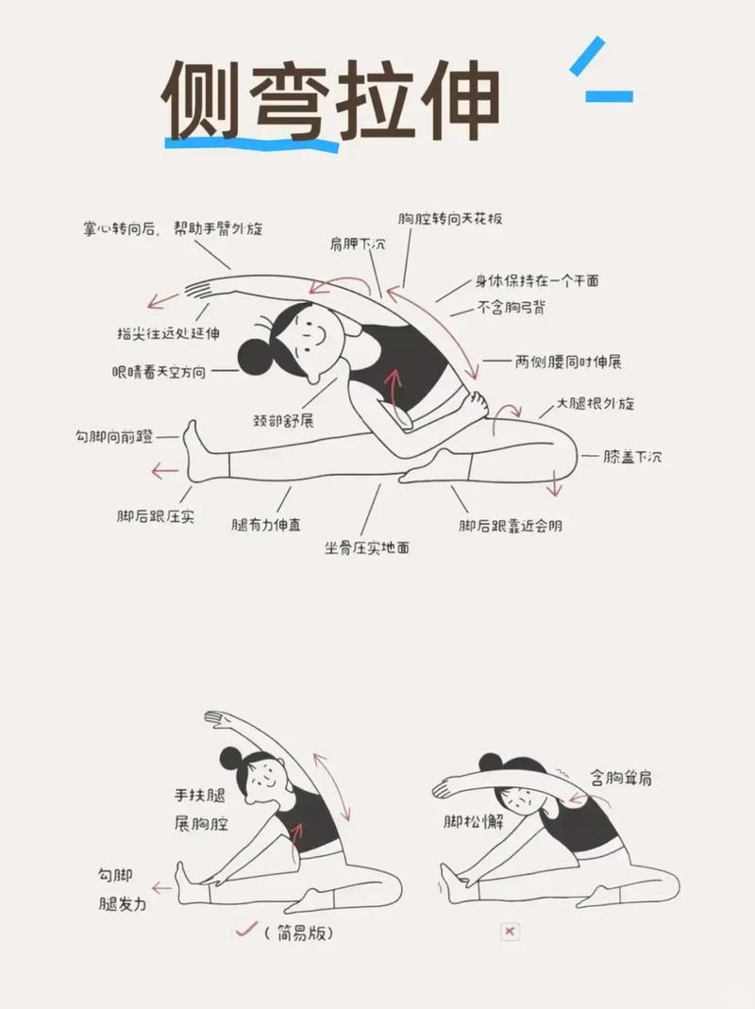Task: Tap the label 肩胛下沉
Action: point(358,244)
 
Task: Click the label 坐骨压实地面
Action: point(367,547)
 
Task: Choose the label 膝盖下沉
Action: point(632,456)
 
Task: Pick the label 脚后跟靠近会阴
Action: point(511,526)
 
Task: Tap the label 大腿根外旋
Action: point(595,404)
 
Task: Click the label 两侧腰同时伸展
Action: point(567,362)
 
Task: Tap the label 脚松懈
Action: point(474,822)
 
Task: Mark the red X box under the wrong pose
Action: point(511,932)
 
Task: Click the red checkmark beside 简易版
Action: point(245,930)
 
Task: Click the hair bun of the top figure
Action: point(254,356)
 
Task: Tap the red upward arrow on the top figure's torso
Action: point(393,382)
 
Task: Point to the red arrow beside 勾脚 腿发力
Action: point(161,887)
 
